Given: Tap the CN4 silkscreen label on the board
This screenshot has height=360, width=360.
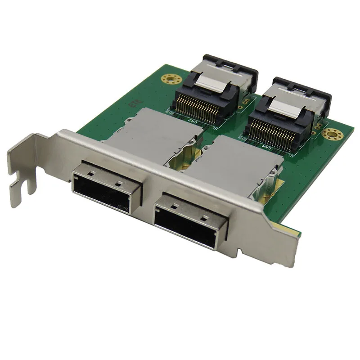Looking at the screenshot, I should [x=266, y=147].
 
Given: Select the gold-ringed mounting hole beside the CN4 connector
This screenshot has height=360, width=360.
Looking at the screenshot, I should [x=333, y=134].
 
